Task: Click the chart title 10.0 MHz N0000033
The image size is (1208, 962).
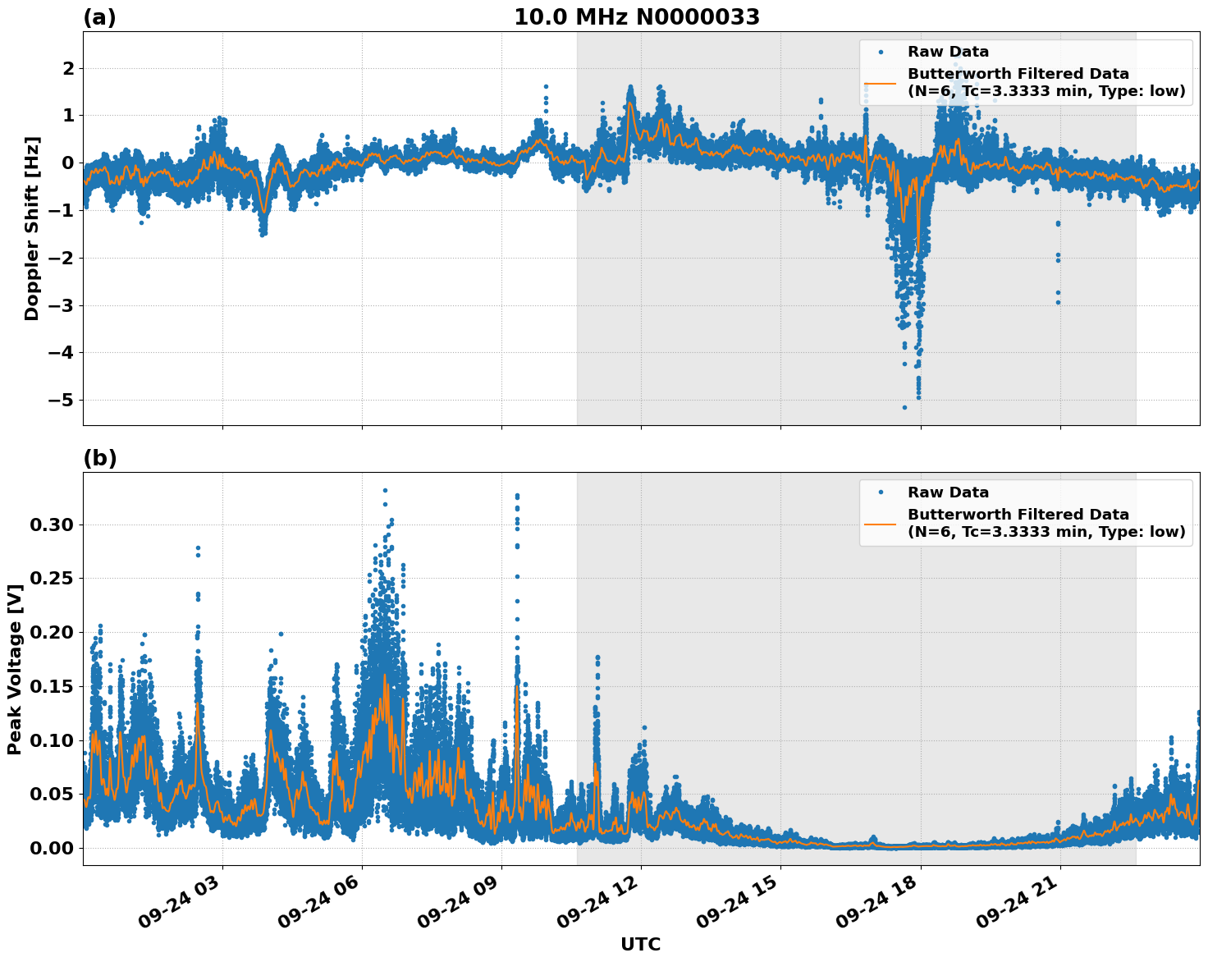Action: click(x=637, y=17)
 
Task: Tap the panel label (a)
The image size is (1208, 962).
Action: click(x=99, y=17)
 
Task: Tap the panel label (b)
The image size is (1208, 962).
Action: click(x=100, y=458)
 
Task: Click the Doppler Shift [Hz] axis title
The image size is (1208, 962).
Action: click(x=31, y=228)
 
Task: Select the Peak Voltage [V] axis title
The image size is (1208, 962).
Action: click(x=14, y=669)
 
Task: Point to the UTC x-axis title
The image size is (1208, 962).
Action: click(x=640, y=944)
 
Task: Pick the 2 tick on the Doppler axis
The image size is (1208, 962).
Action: click(x=69, y=68)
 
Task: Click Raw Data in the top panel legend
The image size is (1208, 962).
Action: click(x=948, y=52)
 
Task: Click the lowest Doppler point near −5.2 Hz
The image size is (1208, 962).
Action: click(x=905, y=407)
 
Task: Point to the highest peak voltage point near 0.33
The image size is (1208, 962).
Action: click(x=385, y=490)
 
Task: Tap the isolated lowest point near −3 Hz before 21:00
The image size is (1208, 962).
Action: click(x=1058, y=302)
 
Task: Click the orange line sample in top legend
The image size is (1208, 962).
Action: click(x=880, y=83)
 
